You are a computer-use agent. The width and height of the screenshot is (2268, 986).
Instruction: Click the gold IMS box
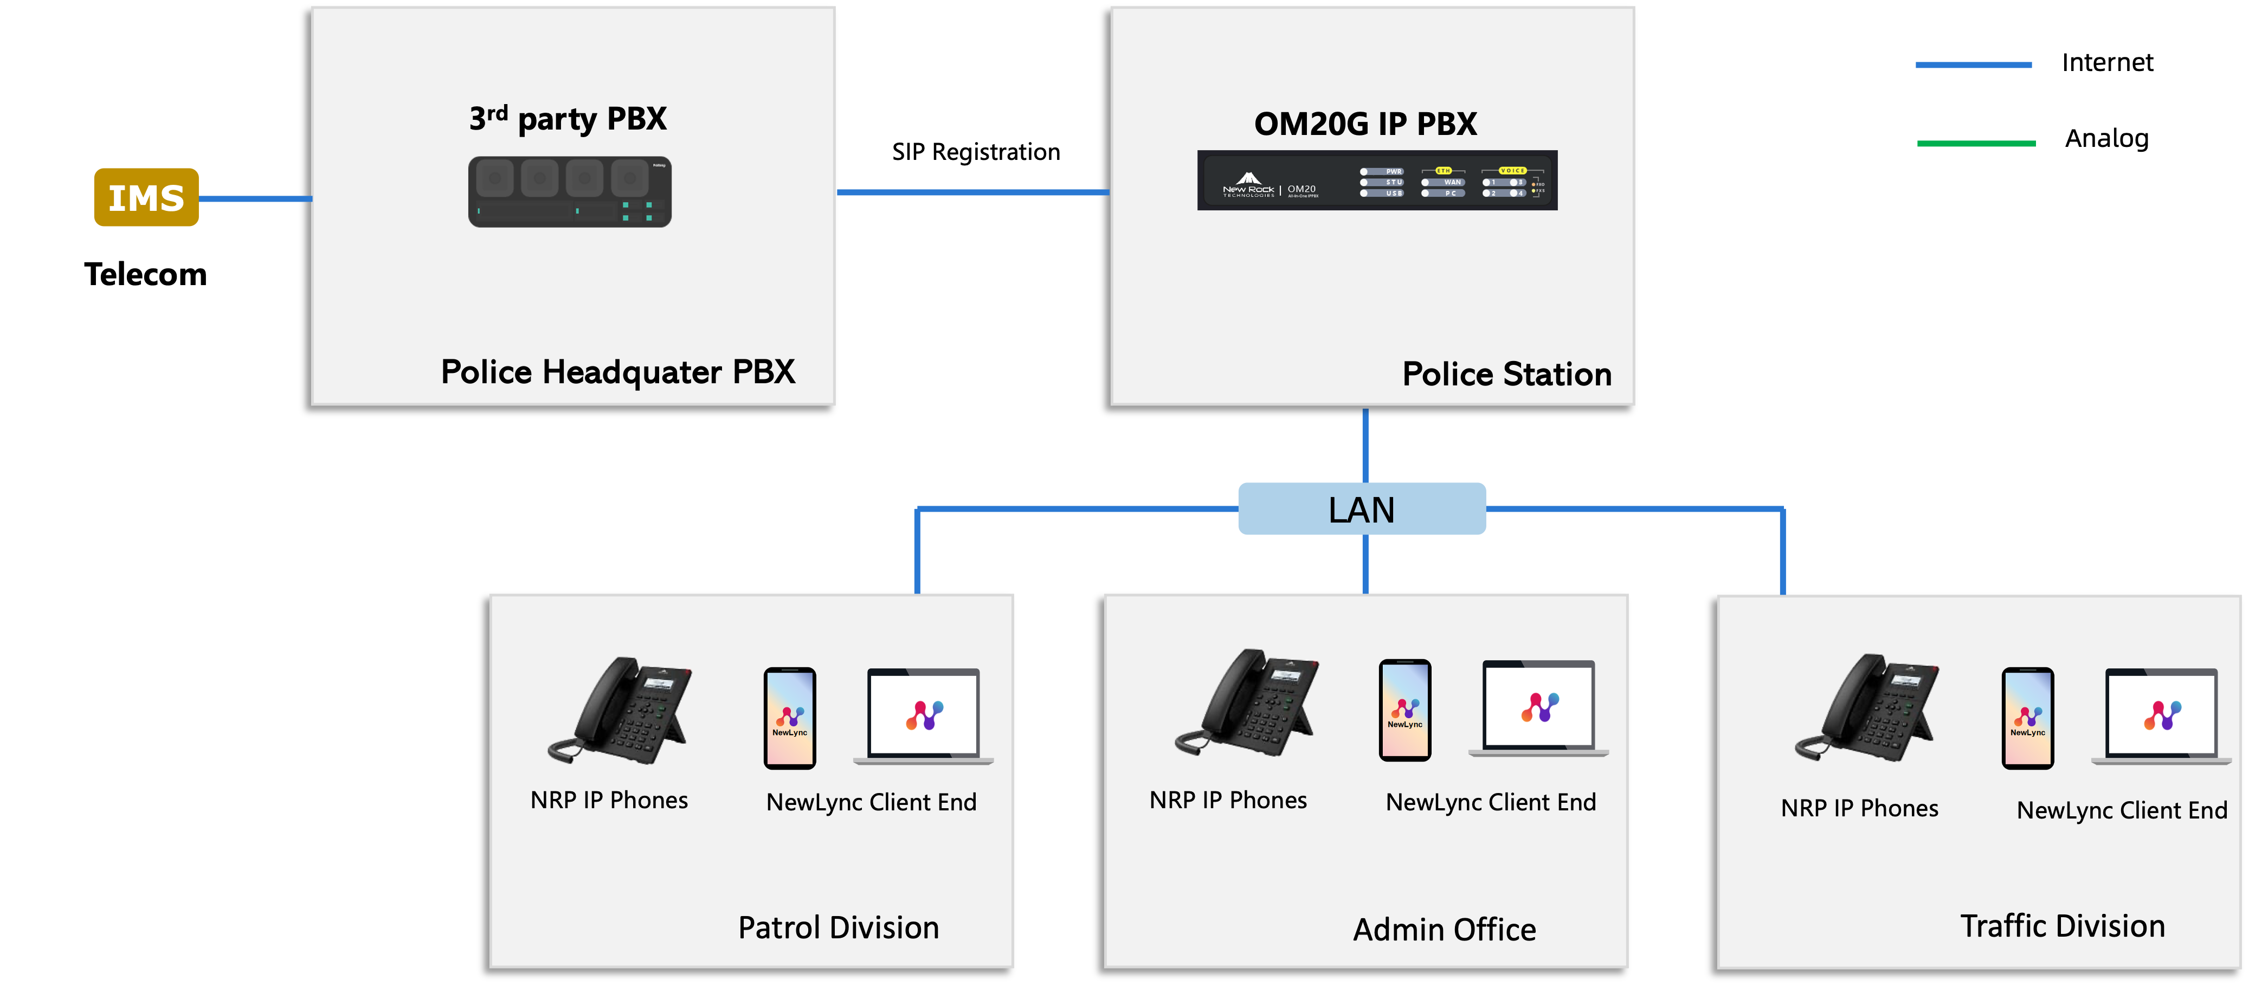146,197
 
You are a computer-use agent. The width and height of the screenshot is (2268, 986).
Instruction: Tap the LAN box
1361,509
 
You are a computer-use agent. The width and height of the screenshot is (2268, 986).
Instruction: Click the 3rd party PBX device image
570,192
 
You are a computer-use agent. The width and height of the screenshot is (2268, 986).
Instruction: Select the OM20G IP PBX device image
1377,181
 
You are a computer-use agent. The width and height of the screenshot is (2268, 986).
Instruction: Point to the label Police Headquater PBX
617,371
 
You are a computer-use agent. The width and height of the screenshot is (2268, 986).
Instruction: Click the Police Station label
1506,374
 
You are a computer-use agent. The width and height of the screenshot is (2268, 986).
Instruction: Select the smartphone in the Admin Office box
1404,710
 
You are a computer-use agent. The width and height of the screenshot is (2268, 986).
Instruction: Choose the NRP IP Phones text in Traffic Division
1859,808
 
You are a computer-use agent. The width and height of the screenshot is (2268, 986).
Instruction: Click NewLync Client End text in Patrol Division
871,802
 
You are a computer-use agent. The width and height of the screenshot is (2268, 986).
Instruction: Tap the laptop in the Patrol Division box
924,716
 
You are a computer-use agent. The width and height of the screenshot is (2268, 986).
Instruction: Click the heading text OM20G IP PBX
1365,124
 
